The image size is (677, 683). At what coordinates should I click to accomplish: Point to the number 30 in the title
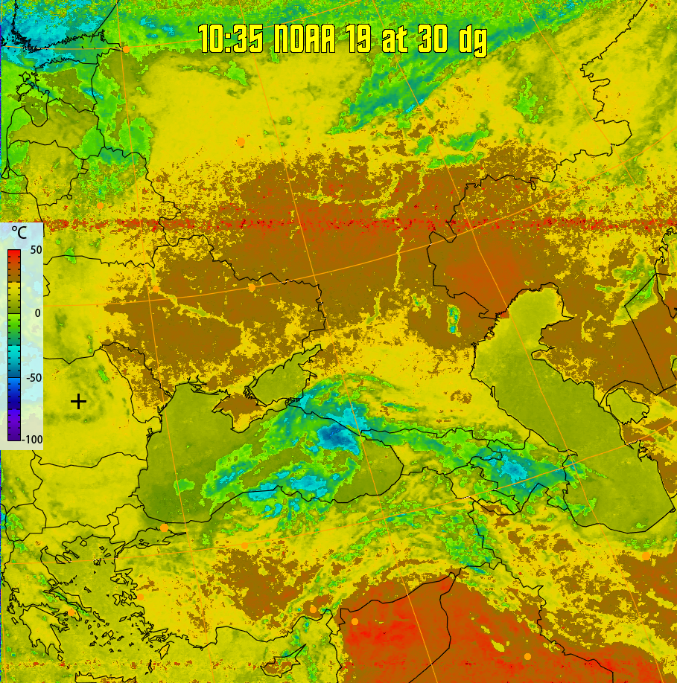(430, 39)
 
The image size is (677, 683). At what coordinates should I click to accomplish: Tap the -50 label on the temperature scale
(32, 377)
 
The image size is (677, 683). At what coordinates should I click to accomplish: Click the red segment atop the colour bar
(14, 257)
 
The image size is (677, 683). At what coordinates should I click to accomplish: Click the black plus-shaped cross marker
(78, 402)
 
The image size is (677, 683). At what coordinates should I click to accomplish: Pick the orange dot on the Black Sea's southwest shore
(164, 528)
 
